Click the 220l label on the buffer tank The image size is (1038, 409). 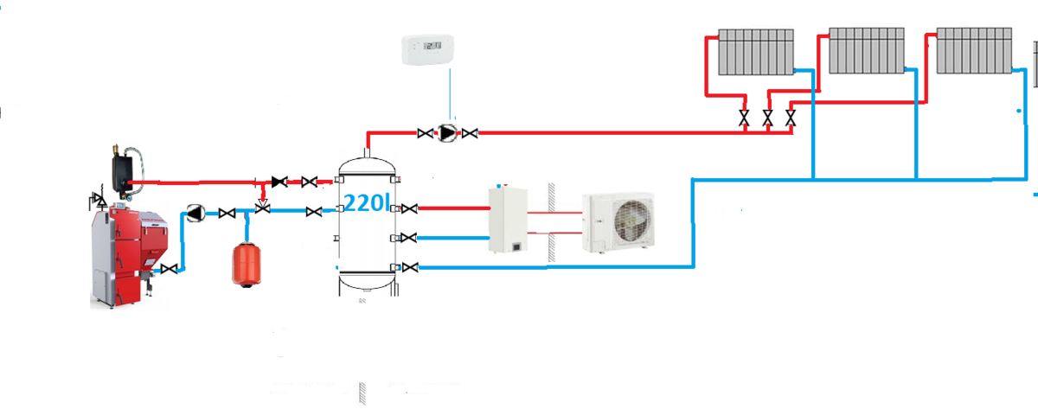(368, 205)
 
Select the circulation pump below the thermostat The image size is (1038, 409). (447, 133)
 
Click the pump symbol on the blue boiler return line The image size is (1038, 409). (197, 212)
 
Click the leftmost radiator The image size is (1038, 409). (755, 53)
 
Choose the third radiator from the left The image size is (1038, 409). (973, 52)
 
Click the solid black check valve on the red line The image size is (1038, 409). (279, 182)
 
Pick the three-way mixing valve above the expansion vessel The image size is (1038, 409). (263, 208)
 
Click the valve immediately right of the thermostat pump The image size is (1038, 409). (470, 133)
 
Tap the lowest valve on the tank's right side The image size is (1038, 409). (411, 267)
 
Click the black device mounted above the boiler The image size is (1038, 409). (126, 162)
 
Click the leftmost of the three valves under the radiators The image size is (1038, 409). (744, 118)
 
